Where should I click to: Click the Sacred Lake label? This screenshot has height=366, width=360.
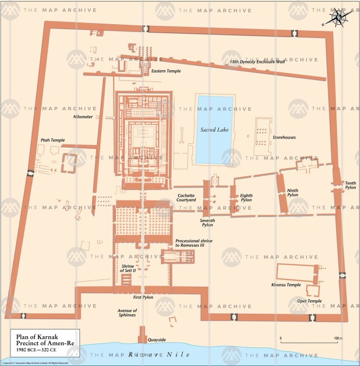point(214,130)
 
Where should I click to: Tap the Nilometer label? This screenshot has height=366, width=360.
point(83,117)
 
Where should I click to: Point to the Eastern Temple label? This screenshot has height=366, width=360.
point(166,71)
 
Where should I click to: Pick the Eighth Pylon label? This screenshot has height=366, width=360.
point(246,198)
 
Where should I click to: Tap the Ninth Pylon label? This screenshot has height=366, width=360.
point(292,193)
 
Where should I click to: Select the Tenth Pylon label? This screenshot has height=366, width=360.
point(350,185)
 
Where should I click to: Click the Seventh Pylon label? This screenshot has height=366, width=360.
point(208,223)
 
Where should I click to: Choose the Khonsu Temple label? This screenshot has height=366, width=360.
point(286,285)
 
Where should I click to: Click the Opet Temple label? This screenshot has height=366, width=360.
point(309,301)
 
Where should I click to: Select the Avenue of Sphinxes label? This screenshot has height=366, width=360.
point(127,313)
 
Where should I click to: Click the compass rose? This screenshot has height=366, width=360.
point(338,18)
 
